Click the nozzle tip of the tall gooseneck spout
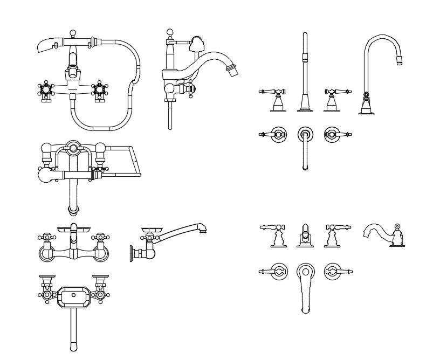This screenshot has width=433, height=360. pyautogui.click(x=400, y=60)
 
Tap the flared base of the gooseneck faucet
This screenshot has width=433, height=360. pyautogui.click(x=367, y=109)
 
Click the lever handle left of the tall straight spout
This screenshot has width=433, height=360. pyautogui.click(x=273, y=92)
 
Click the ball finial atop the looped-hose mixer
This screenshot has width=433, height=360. pyautogui.click(x=72, y=33)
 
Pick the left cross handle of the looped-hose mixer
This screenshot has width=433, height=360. pyautogui.click(x=46, y=90)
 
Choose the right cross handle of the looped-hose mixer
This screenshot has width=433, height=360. pyautogui.click(x=99, y=90)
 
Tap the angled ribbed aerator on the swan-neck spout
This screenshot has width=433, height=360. pyautogui.click(x=232, y=71)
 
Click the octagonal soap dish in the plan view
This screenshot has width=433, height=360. pyautogui.click(x=73, y=296)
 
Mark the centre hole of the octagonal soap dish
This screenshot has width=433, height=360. pyautogui.click(x=73, y=296)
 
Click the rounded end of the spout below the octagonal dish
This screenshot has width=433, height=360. pyautogui.click(x=73, y=346)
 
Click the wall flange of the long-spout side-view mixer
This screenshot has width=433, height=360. pyautogui.click(x=131, y=253)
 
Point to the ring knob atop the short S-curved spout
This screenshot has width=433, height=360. pyautogui.click(x=397, y=226)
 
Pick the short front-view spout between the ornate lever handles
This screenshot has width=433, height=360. pyautogui.click(x=305, y=236)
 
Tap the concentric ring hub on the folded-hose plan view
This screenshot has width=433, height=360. pyautogui.click(x=73, y=148)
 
